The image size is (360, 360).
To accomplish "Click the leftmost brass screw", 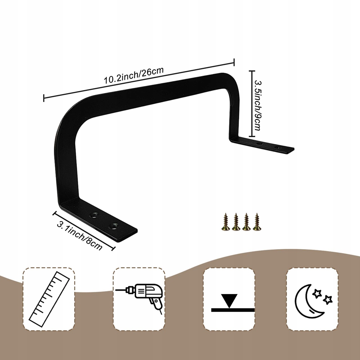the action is point(225,222).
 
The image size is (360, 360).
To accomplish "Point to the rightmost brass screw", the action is point(257,222).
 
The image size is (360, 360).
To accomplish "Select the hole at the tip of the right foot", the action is point(277,147).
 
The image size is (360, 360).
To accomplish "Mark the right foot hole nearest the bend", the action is point(258,143).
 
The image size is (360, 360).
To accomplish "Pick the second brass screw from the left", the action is point(236,222).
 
